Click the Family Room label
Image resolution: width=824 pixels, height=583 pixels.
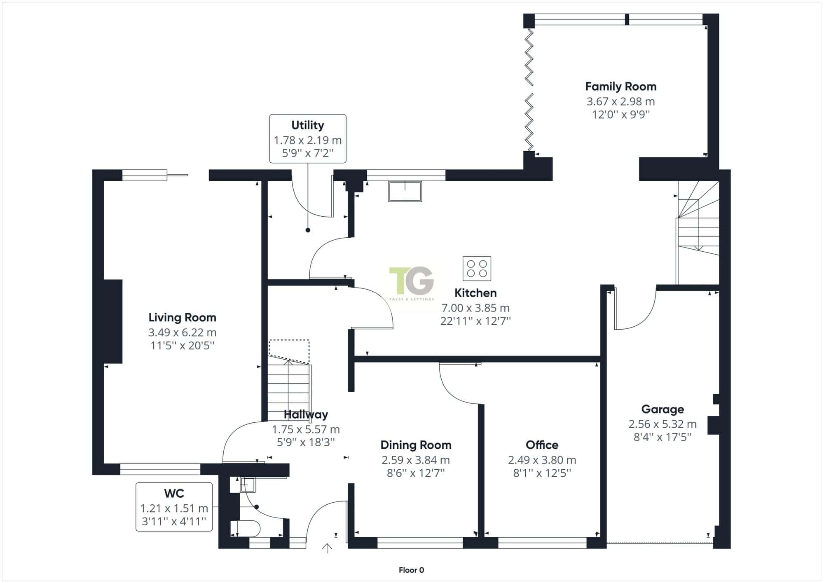620,87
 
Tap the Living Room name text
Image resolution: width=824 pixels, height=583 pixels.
182,318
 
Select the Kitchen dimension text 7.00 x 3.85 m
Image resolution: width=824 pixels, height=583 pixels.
475,308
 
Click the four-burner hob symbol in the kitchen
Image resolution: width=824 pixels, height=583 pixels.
477,268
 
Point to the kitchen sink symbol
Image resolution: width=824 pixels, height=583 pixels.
405,191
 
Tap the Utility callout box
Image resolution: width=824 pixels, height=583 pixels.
308,139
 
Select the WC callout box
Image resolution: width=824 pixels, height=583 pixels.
174,507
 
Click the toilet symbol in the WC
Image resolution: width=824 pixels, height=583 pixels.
245,529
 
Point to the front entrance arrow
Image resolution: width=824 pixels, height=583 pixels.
327,548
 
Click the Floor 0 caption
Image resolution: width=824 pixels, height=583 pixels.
411,570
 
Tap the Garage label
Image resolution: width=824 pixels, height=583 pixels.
662,409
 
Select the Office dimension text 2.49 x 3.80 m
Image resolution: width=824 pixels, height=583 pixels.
542,460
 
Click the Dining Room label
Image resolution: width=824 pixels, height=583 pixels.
416,445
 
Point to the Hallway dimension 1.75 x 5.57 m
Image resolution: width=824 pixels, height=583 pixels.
306,429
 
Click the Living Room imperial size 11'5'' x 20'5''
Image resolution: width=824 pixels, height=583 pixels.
183,345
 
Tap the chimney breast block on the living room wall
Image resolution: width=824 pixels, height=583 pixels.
113,321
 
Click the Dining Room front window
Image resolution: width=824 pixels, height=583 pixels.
420,543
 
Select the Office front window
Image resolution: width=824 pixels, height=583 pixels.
542,543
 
